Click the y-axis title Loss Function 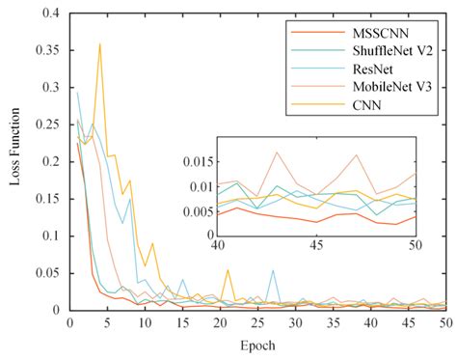tap(13, 162)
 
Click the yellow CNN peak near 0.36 tap(99, 43)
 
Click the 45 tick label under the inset tap(316, 246)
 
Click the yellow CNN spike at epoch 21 tap(227, 270)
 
